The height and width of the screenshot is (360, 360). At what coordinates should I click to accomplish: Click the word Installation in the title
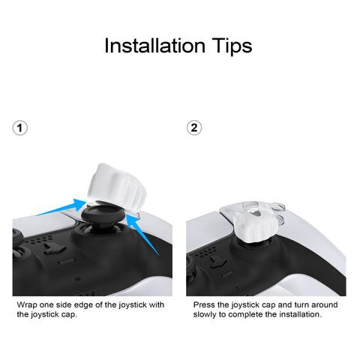pos(154,46)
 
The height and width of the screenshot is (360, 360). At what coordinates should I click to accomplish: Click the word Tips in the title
pos(232,46)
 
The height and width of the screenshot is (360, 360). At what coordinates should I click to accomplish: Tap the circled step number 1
pos(20,128)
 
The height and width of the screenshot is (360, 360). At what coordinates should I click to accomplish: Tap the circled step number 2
pos(194,128)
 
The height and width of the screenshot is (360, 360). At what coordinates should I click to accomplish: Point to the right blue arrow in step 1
pos(142,234)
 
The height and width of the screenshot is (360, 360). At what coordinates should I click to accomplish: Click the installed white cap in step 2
pos(251,222)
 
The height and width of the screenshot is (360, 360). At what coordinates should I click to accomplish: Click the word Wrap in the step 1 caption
pos(27,305)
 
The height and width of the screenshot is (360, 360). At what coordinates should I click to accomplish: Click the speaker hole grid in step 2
pos(205,251)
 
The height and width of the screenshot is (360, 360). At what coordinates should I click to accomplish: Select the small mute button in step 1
pos(67,261)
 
